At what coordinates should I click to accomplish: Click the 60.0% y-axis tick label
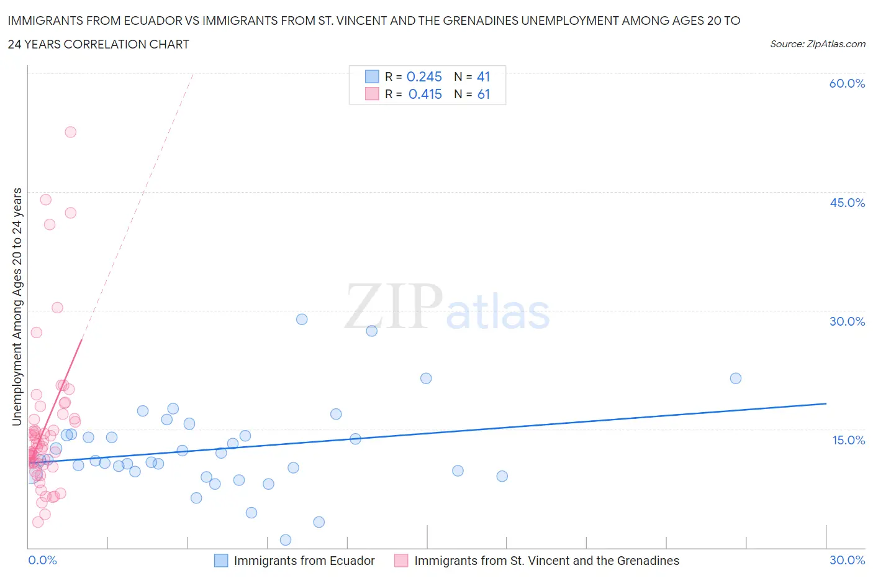point(847,84)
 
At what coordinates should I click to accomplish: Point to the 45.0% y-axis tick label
point(847,203)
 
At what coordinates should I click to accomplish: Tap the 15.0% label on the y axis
point(848,440)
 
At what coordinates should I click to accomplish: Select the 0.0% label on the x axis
point(43,560)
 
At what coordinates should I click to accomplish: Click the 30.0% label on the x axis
point(847,560)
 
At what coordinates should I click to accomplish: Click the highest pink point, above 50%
point(71,132)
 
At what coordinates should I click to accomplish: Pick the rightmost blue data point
point(736,378)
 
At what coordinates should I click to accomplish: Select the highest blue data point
point(302,319)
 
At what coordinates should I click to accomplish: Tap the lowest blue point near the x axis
point(286,539)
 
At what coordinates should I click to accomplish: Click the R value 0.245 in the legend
point(424,77)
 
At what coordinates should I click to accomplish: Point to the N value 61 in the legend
point(484,94)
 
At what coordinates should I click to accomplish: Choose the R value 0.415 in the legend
point(425,94)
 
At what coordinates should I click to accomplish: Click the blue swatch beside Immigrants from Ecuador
point(221,561)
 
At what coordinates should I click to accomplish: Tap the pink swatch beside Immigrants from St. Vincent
point(401,561)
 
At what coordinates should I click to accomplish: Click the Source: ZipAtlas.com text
point(817,44)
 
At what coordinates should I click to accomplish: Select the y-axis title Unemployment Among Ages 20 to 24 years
point(17,306)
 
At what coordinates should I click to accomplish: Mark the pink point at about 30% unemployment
point(57,307)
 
